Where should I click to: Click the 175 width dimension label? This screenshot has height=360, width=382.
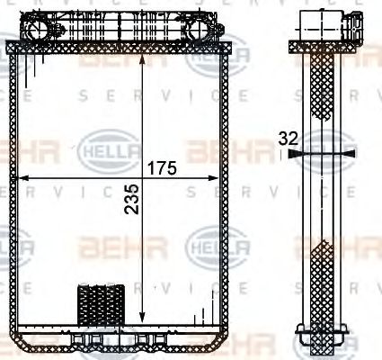tap(163, 168)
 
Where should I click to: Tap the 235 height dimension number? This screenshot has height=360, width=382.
tap(132, 206)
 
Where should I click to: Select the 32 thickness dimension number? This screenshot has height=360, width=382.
tap(288, 139)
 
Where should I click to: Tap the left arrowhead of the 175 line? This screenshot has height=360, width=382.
tap(21, 175)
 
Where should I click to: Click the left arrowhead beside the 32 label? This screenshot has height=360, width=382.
tap(299, 154)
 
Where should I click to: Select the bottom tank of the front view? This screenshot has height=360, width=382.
tap(124, 337)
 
